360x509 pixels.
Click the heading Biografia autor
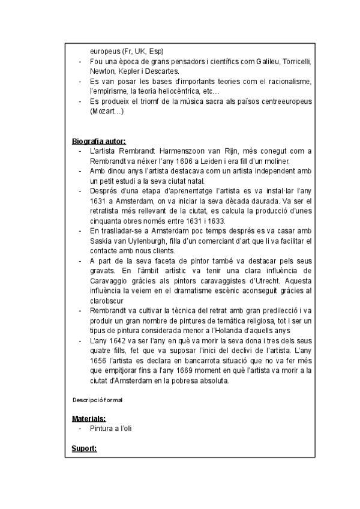99,141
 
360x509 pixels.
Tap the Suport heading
84,448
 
